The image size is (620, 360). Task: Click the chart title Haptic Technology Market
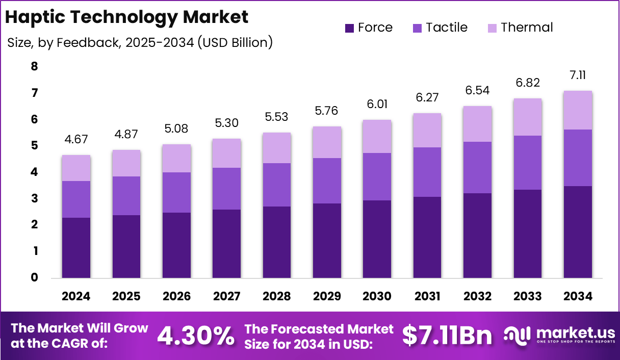point(126,17)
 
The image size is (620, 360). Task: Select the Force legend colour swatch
point(350,28)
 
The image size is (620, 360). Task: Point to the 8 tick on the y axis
point(34,67)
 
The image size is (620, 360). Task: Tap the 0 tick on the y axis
point(34,278)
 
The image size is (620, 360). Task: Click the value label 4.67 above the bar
point(76,140)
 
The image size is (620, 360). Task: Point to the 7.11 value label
point(578,75)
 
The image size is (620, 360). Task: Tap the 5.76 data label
point(327,111)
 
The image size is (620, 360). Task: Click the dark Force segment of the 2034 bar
point(578,232)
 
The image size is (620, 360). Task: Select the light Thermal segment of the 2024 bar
point(76,168)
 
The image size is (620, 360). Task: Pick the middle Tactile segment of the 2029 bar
point(327,181)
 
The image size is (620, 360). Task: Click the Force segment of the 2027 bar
point(227,244)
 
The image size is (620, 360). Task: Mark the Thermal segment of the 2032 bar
point(477,124)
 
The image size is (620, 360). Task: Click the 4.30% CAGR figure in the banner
point(196,336)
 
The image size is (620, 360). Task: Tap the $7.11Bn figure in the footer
point(447,336)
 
